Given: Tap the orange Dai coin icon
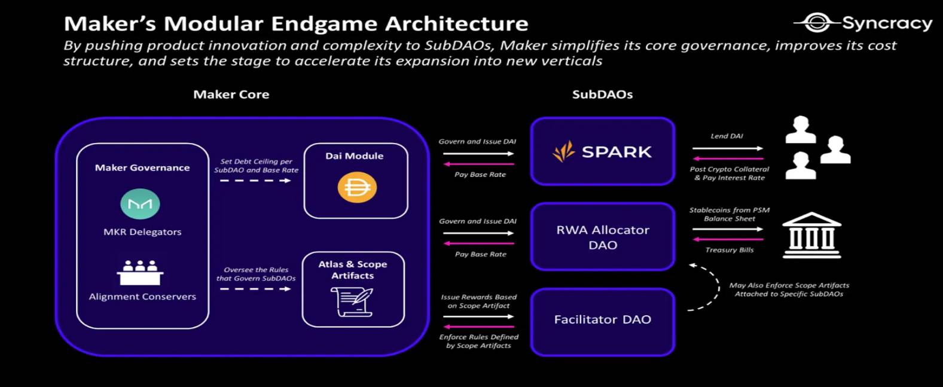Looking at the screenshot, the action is pos(357,187).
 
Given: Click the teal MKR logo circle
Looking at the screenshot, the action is pos(140,204).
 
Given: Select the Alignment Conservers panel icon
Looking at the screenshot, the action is pos(140,273).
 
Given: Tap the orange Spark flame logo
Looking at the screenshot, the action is pos(563,151).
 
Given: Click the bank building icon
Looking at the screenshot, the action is pos(811,235).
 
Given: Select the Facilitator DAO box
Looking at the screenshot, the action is pos(603,322).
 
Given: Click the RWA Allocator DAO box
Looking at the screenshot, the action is pos(603,237).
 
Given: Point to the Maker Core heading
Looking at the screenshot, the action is pos(231,95).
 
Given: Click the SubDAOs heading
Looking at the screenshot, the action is pos(602,95).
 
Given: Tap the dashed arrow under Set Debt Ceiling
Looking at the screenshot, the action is pos(255,181).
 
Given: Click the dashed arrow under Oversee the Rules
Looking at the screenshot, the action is pos(255,289).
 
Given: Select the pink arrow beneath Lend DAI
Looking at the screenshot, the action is pos(728,159).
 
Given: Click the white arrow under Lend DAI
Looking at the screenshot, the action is pos(728,148).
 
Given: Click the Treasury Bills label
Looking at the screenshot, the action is pos(730,250).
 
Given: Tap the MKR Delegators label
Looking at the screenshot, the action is pos(142,232).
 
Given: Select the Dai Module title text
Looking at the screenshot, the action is pos(355,156).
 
